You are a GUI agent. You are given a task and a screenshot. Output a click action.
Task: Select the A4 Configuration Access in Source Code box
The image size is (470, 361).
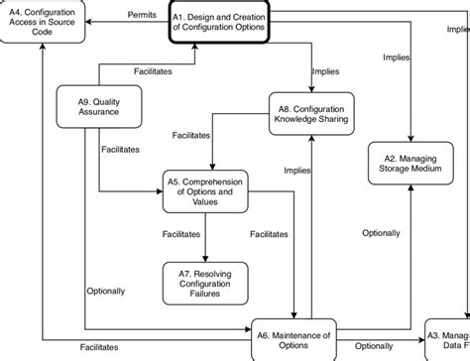(x=43, y=22)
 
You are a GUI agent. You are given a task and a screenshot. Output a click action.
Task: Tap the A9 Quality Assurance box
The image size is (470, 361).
(x=98, y=106)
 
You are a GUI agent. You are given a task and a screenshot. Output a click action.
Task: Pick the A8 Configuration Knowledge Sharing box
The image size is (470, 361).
(x=313, y=111)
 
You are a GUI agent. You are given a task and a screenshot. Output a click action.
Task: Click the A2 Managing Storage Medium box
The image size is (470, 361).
(x=411, y=162)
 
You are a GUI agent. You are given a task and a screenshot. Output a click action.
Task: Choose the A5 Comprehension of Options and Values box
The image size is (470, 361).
(x=205, y=190)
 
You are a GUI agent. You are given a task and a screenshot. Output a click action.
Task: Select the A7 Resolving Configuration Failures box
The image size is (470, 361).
(x=205, y=281)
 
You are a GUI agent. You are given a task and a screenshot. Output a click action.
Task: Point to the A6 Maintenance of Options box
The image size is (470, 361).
(x=295, y=335)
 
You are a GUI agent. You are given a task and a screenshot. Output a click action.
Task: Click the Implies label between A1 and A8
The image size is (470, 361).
(x=326, y=71)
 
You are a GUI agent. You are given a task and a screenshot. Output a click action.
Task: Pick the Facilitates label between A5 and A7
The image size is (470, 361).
(x=183, y=234)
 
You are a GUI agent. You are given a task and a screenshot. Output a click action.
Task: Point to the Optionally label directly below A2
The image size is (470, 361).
(x=381, y=234)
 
